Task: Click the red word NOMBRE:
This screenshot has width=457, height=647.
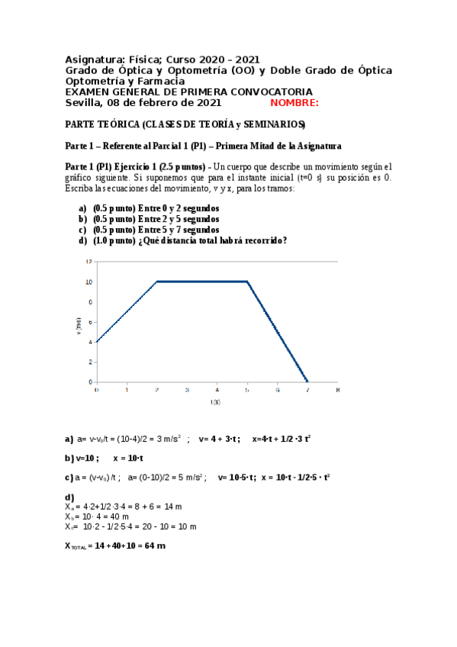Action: (294, 103)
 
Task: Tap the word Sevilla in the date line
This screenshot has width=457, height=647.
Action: (84, 103)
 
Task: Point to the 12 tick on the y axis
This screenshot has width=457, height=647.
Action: (89, 262)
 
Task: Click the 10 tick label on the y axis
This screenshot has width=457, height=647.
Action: (89, 282)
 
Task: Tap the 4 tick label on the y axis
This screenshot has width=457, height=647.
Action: (90, 342)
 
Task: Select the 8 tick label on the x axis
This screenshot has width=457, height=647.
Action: (337, 389)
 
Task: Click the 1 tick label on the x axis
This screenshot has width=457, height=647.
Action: (127, 389)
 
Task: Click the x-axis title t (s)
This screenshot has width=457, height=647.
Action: (217, 401)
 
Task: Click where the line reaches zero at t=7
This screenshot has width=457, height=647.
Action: (307, 381)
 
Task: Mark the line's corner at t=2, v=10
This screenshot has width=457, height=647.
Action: (156, 282)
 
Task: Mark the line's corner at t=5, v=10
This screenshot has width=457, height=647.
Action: (247, 282)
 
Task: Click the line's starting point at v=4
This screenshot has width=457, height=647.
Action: (97, 341)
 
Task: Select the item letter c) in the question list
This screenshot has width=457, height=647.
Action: (82, 230)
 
